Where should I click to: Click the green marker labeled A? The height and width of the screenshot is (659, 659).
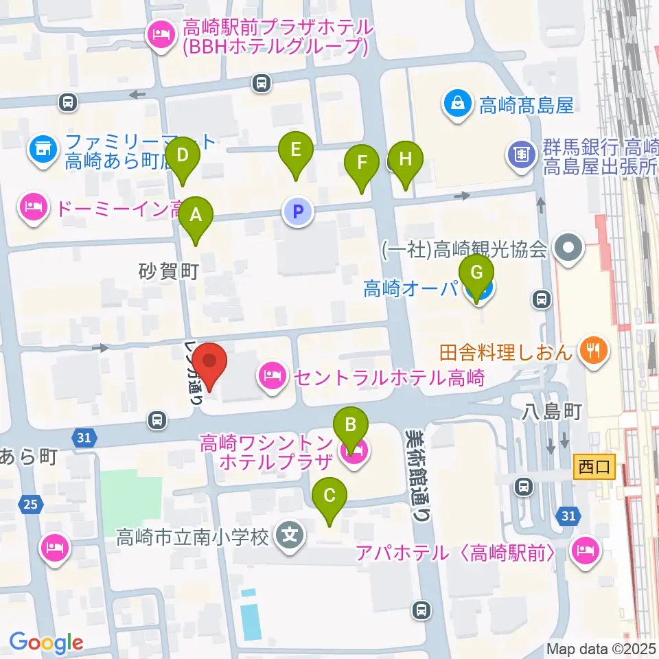tap(196, 216)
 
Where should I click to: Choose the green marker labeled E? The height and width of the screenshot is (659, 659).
tap(296, 150)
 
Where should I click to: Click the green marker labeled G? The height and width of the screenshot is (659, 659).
tap(476, 273)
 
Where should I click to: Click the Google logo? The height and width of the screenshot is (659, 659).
tap(46, 643)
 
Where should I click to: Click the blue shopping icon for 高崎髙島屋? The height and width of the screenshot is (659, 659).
tap(457, 104)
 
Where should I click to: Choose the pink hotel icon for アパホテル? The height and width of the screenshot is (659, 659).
tap(584, 551)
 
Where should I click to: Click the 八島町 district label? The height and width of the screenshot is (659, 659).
tap(552, 412)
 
